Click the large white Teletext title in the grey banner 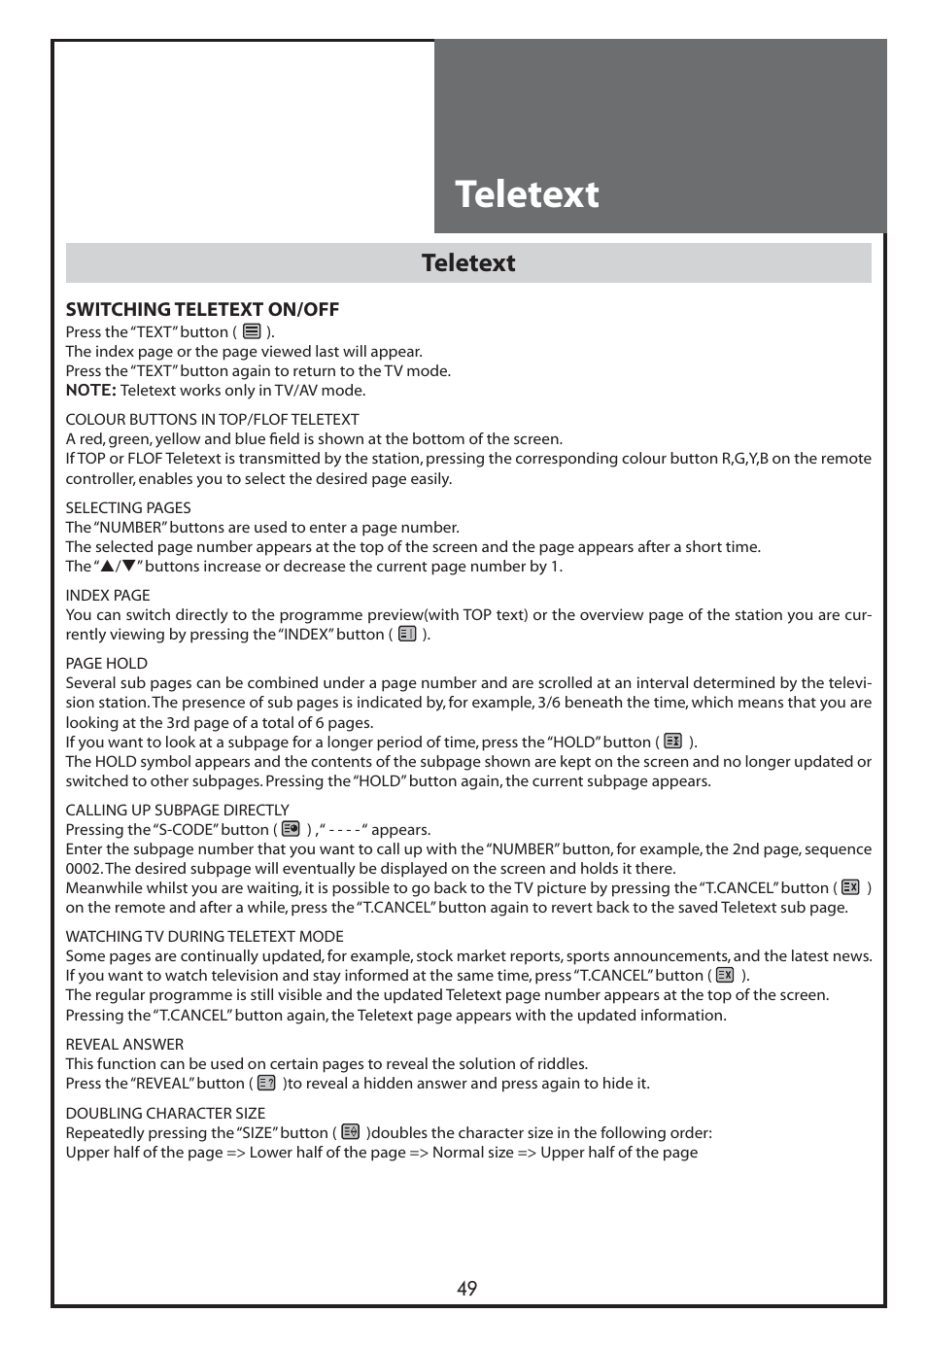click(527, 194)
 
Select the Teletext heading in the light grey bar click(468, 263)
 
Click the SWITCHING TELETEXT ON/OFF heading click(202, 310)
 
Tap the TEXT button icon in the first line click(252, 331)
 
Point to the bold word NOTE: click(90, 391)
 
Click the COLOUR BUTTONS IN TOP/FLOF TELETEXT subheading click(212, 420)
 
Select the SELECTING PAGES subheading click(128, 508)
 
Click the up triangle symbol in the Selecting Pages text click(107, 567)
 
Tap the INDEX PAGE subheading click(108, 596)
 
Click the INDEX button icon click(407, 635)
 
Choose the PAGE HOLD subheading click(107, 664)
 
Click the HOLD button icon click(672, 742)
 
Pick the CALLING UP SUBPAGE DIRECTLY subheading click(177, 811)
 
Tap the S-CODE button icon click(291, 830)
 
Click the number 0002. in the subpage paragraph click(84, 869)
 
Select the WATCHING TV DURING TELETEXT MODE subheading click(204, 937)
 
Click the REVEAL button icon click(266, 1083)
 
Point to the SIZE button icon click(350, 1132)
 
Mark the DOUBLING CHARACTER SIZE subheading click(165, 1114)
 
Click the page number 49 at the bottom click(466, 1289)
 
